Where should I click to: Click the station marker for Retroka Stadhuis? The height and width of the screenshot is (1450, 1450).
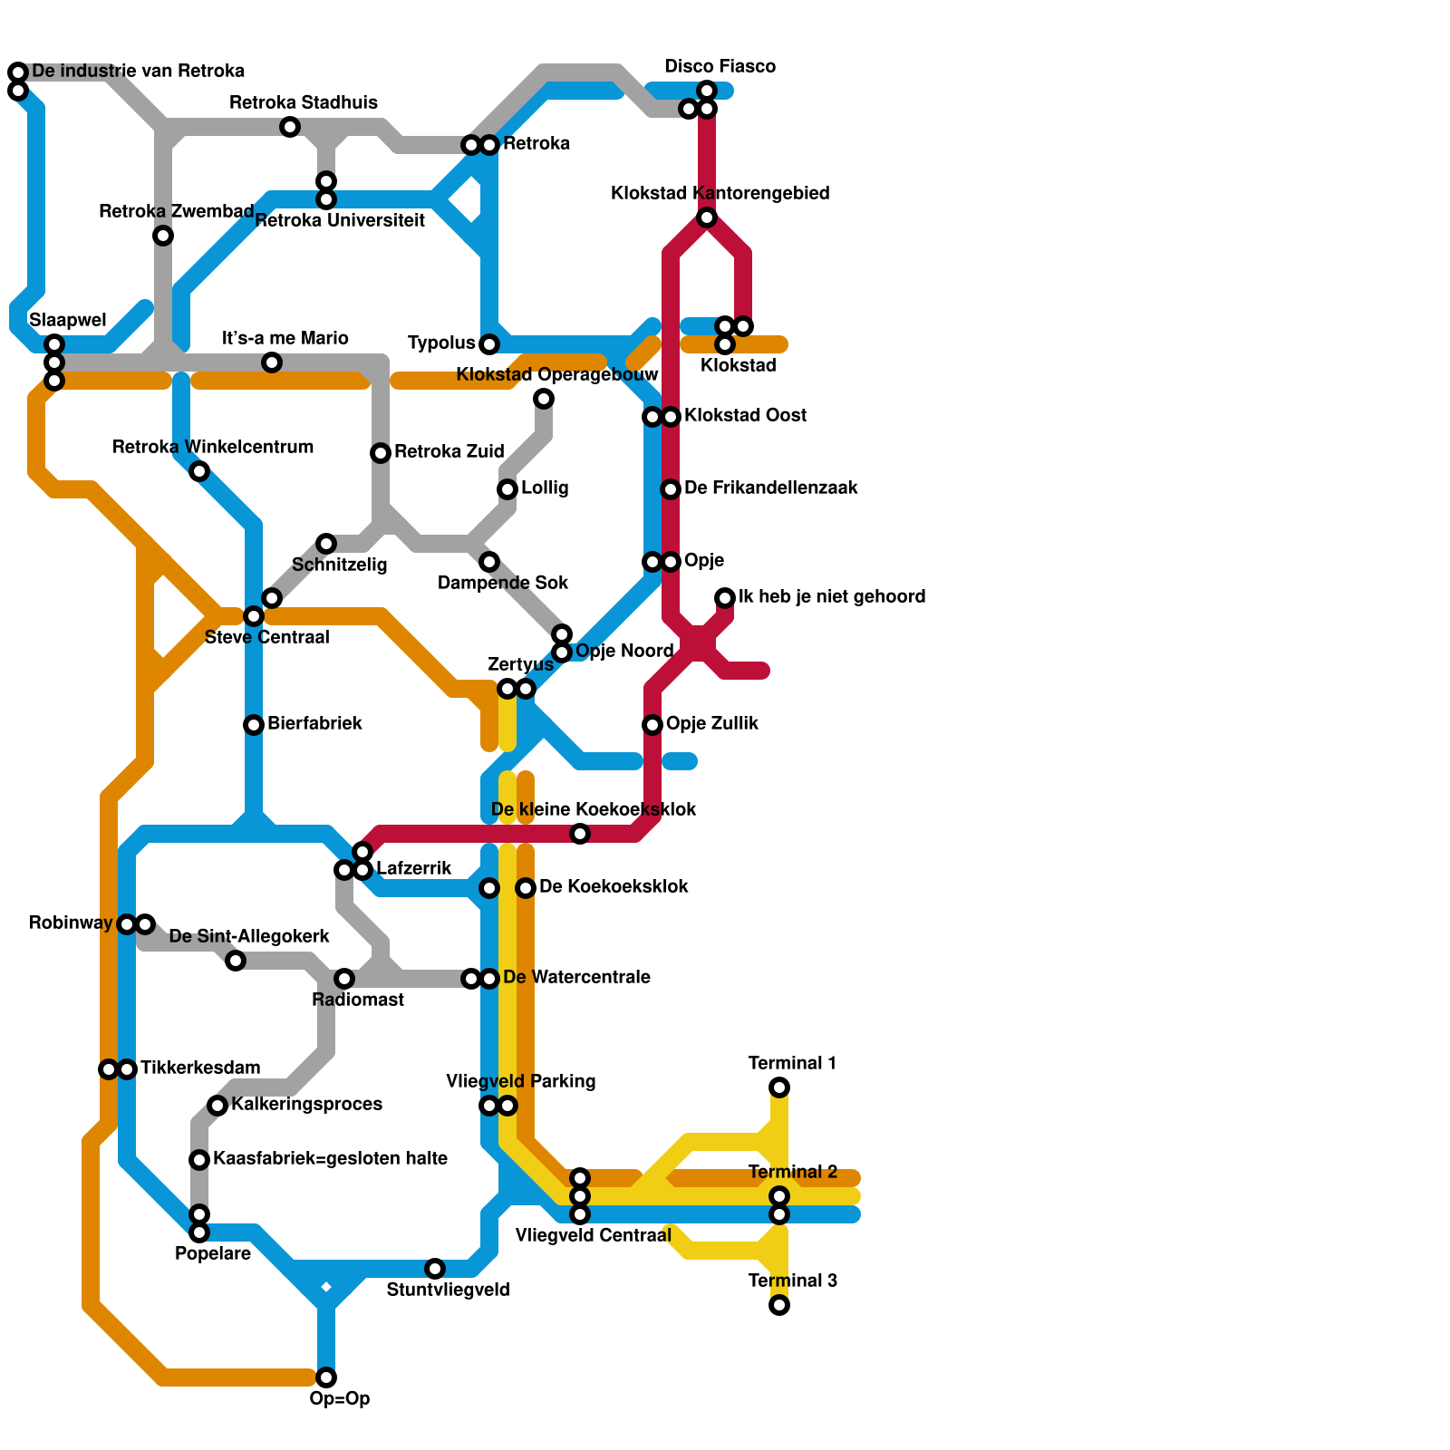pyautogui.click(x=290, y=127)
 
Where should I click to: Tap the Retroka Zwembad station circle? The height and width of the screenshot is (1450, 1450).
pyautogui.click(x=163, y=236)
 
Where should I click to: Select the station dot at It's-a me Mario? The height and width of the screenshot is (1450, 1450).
pyautogui.click(x=272, y=362)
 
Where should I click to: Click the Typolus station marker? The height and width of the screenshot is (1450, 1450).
pyautogui.click(x=489, y=344)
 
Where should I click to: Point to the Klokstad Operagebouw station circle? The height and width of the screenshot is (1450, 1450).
pyautogui.click(x=544, y=399)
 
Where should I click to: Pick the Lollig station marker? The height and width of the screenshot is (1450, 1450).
pyautogui.click(x=507, y=489)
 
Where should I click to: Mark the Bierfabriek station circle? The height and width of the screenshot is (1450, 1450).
pyautogui.click(x=254, y=725)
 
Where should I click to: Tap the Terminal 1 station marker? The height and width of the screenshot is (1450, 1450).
pyautogui.click(x=779, y=1087)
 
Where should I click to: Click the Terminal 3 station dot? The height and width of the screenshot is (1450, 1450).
pyautogui.click(x=779, y=1305)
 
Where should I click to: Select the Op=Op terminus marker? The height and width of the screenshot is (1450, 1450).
pyautogui.click(x=326, y=1377)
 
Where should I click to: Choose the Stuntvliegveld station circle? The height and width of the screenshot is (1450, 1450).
pyautogui.click(x=435, y=1269)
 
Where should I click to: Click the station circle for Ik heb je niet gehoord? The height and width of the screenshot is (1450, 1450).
pyautogui.click(x=725, y=598)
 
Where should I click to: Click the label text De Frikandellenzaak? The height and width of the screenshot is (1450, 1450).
pyautogui.click(x=770, y=488)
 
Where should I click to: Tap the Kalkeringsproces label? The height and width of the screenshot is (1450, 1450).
pyautogui.click(x=306, y=1105)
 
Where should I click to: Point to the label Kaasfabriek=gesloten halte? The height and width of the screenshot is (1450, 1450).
pyautogui.click(x=330, y=1159)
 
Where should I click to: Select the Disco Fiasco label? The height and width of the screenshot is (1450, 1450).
pyautogui.click(x=720, y=67)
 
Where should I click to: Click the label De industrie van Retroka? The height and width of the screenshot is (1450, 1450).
pyautogui.click(x=138, y=72)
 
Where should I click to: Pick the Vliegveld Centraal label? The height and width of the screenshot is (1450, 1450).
pyautogui.click(x=593, y=1236)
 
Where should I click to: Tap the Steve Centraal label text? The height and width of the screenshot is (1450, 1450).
pyautogui.click(x=266, y=638)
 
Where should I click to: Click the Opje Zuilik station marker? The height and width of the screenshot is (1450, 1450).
pyautogui.click(x=652, y=725)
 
